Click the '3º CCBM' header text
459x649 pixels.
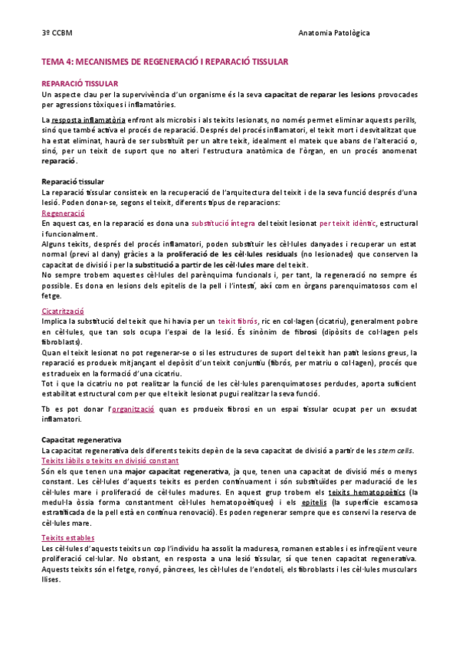pos(57,32)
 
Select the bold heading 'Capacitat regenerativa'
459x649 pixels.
pos(81,441)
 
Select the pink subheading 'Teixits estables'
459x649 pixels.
pos(68,539)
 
